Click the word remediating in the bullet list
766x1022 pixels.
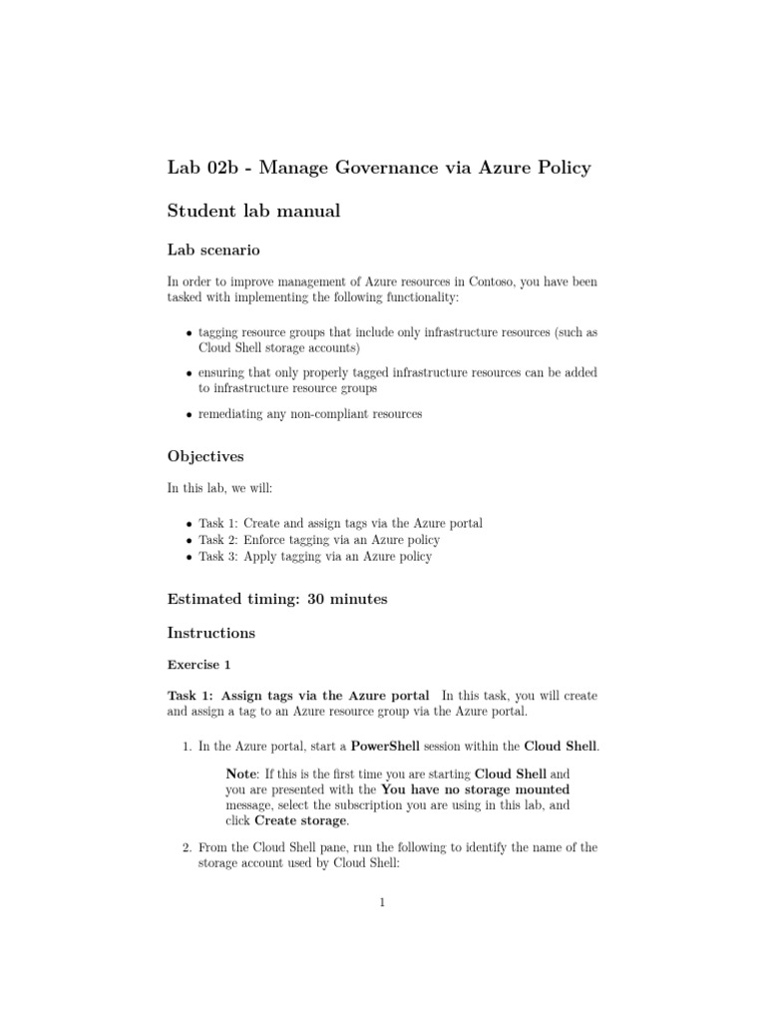tap(231, 414)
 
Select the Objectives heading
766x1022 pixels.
tap(203, 456)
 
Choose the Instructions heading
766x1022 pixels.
tap(210, 633)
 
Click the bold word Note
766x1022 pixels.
tap(242, 773)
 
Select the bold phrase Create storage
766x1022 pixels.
tap(302, 820)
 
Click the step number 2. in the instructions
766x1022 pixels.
tap(188, 847)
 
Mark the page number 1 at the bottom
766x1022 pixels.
tap(382, 903)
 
